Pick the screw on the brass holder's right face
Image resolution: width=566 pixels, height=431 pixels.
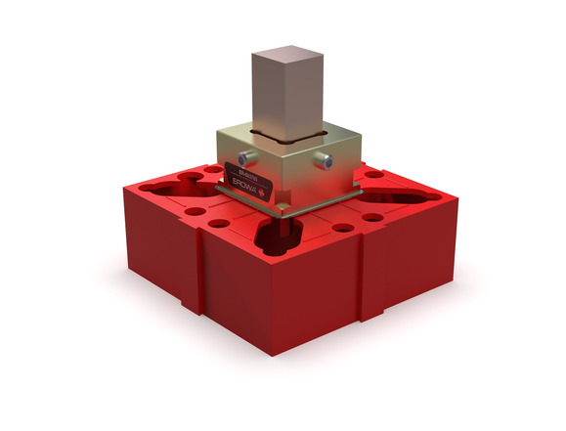pyautogui.click(x=327, y=160)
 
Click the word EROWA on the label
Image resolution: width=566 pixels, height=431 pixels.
pyautogui.click(x=247, y=182)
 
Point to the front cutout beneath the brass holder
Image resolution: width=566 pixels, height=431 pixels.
pyautogui.click(x=277, y=234)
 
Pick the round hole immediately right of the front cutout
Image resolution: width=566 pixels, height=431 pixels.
pyautogui.click(x=342, y=228)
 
